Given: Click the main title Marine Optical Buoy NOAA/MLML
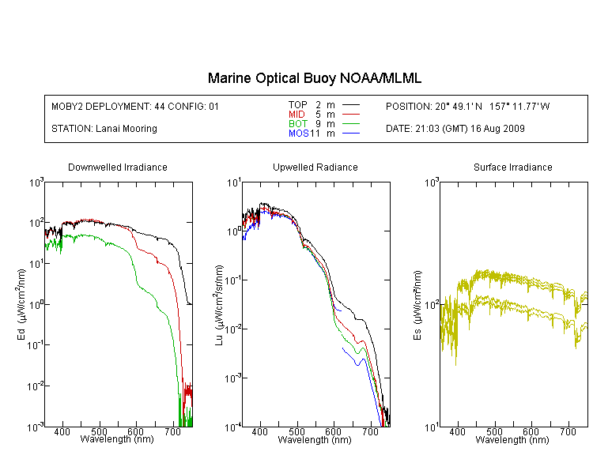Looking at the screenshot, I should coord(315,79).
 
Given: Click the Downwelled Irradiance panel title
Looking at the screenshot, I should coord(118,167).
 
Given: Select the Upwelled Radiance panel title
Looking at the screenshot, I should coord(315,167).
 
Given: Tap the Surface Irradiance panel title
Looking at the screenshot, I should coord(512,167).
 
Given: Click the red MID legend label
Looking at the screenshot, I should coord(296,115).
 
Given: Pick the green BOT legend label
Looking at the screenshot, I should coord(297,124).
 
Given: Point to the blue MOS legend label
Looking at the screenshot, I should coord(298,134).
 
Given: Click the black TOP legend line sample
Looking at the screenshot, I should coord(351,105).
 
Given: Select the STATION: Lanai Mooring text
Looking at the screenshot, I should coord(104,129).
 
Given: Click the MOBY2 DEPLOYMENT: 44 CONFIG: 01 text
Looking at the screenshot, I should coord(135,106).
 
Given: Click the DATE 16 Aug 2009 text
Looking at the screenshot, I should coord(455,129).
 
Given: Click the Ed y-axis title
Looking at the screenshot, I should coord(21,304).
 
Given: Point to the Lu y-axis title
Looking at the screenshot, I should coord(219,304).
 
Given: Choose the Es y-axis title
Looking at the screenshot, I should coord(417,304).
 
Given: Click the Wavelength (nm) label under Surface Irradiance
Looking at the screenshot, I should coord(512,440).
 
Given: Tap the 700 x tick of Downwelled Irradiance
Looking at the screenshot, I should coord(172,433).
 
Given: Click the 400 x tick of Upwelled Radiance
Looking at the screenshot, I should coord(259,433).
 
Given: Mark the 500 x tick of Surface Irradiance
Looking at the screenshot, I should coord(494,433).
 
